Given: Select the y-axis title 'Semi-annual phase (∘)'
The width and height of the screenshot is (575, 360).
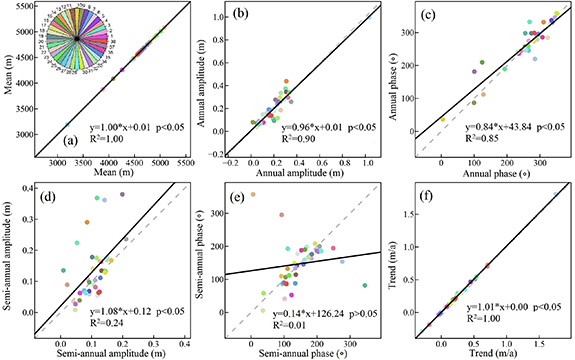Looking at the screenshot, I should (x=207, y=262).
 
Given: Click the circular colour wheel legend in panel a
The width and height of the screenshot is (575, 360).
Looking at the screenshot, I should (x=76, y=38).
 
